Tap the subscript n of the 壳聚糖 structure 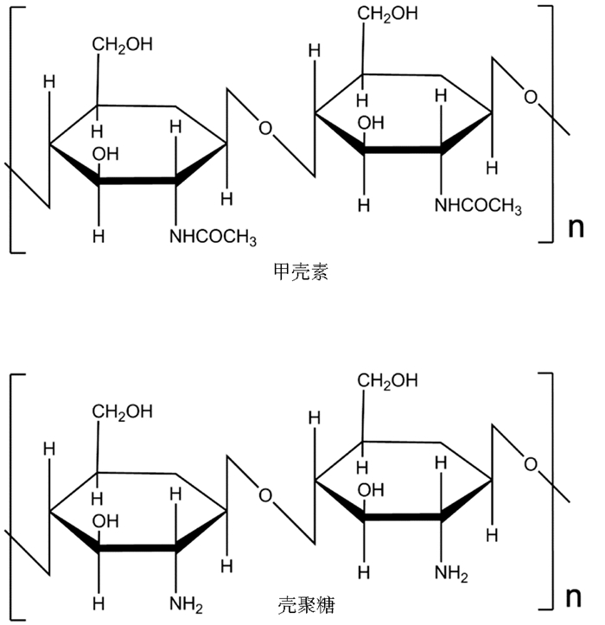(576, 596)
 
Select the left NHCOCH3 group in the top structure (213, 236)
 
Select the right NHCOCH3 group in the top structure (478, 206)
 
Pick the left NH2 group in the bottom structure (186, 603)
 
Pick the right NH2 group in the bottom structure (451, 573)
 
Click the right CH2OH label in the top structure (388, 14)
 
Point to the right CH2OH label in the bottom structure (388, 380)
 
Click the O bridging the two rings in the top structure (264, 130)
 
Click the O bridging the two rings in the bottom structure (264, 496)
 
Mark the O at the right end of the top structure (531, 98)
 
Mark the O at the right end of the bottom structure (531, 465)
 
